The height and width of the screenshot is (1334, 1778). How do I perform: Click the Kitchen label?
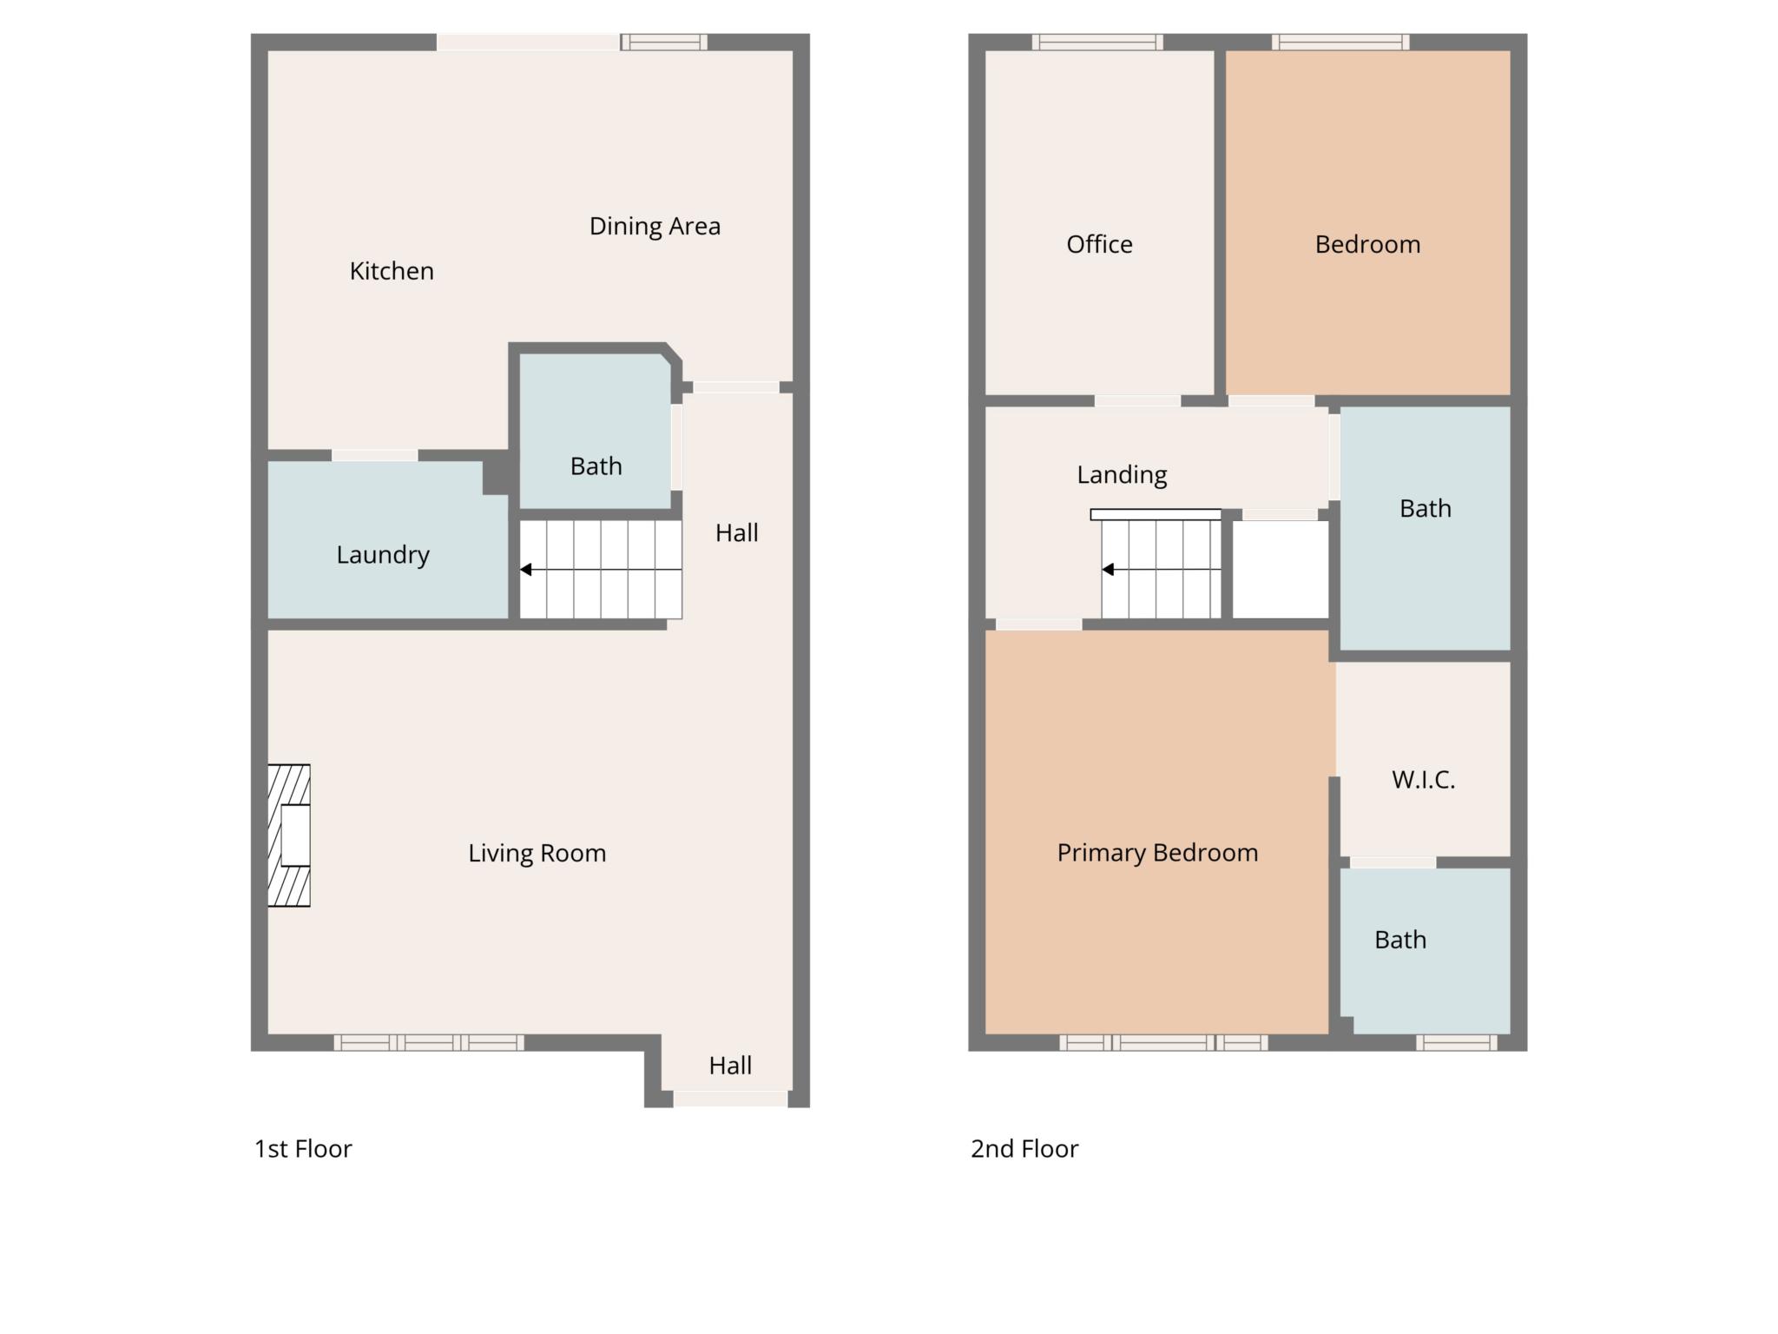pos(392,271)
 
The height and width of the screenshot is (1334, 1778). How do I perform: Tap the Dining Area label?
pos(655,227)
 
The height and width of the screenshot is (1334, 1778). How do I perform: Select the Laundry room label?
pos(383,555)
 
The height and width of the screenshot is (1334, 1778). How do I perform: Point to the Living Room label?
pos(537,854)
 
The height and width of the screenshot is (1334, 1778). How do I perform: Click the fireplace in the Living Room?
pos(289,835)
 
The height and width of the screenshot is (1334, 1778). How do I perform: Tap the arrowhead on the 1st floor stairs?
pos(526,570)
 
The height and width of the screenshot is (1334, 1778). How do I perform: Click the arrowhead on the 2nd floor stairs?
pos(1108,570)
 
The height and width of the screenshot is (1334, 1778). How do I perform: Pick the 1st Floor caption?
pos(303,1149)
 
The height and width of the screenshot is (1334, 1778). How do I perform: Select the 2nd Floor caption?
pos(1024,1149)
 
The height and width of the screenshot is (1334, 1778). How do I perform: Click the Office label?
pos(1099,245)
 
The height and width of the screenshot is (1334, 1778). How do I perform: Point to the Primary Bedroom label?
pos(1157,854)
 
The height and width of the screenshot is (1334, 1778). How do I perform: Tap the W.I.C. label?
pos(1423,780)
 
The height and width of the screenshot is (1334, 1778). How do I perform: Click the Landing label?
pos(1122,475)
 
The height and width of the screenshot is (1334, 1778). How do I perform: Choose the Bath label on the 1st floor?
pos(596,466)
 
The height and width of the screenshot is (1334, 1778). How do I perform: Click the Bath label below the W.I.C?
pos(1400,940)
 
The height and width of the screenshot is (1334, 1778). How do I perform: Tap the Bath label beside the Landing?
pos(1425,508)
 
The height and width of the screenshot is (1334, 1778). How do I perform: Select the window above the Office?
pos(1097,42)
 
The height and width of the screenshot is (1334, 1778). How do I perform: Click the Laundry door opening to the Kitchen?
pos(374,455)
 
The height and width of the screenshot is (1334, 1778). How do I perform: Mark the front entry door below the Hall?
pos(730,1099)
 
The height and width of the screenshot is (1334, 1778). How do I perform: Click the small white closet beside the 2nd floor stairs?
pos(1281,569)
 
